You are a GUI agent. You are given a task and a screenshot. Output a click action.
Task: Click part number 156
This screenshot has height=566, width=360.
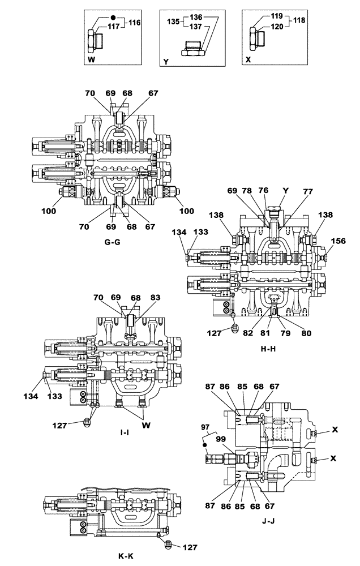[x=338, y=240]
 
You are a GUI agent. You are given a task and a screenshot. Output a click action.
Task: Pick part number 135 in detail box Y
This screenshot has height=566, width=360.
[x=173, y=22]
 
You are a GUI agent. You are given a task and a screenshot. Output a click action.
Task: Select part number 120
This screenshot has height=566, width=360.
[x=279, y=26]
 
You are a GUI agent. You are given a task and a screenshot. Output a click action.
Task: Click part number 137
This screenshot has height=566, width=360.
[x=196, y=27]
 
